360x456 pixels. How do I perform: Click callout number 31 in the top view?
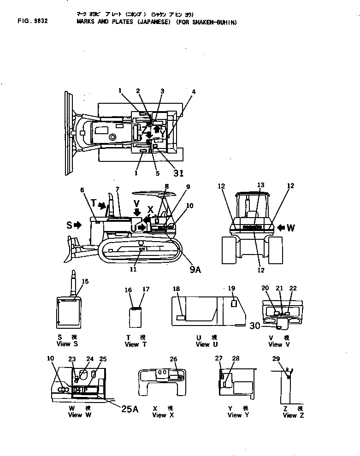[178, 173]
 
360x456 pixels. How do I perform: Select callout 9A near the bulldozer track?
[195, 271]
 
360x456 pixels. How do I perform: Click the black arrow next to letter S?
[77, 225]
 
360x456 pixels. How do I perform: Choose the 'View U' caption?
[202, 344]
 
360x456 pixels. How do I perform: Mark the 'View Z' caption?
[289, 415]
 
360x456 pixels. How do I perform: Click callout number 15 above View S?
[85, 281]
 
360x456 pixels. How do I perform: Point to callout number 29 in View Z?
[276, 359]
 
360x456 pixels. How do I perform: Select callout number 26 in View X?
[173, 359]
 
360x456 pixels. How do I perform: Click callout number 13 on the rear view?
[261, 185]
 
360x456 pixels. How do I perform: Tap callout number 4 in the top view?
[194, 92]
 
